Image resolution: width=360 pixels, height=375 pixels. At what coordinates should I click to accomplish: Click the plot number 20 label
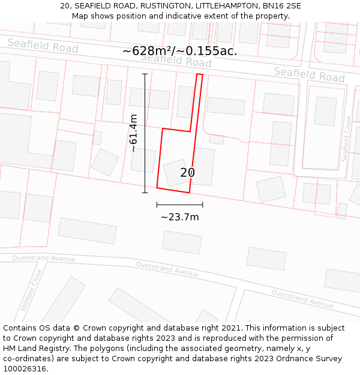pos(187,173)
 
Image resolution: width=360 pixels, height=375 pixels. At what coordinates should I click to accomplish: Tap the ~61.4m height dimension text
pos(133,133)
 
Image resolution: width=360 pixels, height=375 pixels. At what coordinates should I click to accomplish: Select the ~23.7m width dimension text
pos(179,217)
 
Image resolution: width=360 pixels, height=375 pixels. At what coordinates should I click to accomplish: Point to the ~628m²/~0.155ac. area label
pos(179,51)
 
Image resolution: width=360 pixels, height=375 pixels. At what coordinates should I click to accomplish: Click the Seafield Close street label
pos(346,139)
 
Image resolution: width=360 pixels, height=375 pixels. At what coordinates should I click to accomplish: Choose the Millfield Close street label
pos(32,290)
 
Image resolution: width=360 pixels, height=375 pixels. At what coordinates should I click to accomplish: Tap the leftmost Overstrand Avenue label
pos(44,259)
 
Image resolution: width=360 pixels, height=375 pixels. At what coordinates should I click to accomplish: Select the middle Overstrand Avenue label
pos(167,269)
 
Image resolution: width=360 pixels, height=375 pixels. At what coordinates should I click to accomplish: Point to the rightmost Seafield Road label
pos(309,74)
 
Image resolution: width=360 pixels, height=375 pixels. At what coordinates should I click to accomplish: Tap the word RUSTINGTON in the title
pos(158,6)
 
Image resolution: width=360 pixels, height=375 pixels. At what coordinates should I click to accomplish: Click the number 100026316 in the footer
pos(25,369)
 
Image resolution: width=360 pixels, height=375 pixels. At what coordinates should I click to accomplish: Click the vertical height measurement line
pos(145,133)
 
